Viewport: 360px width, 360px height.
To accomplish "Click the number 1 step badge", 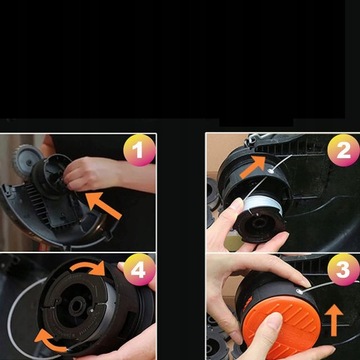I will (138, 152).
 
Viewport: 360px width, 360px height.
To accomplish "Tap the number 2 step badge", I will (341, 151).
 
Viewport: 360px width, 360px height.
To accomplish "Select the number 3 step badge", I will (341, 270).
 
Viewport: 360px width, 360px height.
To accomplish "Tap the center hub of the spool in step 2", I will (262, 222).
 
